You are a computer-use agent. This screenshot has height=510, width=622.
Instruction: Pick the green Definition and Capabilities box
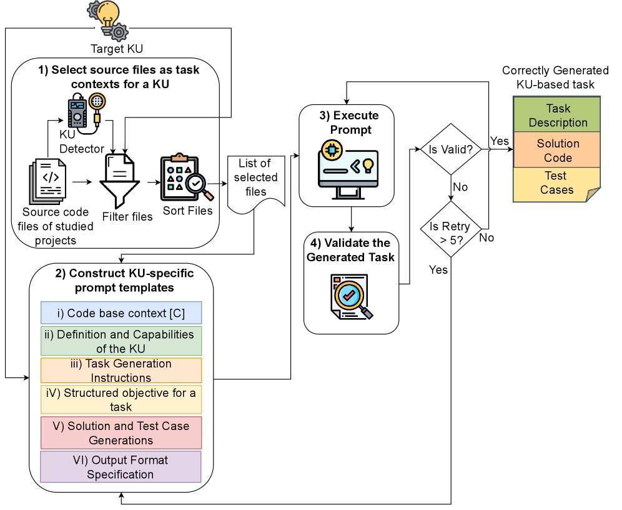(x=121, y=341)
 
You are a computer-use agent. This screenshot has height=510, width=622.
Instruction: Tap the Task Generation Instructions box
(x=121, y=370)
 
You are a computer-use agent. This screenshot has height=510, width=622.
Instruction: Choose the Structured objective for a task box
(x=121, y=399)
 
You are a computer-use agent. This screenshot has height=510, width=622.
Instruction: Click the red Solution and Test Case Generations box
(x=121, y=433)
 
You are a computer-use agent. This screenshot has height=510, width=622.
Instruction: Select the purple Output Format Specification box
(x=121, y=467)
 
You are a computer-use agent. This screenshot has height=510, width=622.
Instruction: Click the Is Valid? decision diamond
(x=451, y=149)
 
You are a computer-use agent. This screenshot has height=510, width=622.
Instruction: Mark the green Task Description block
(x=557, y=115)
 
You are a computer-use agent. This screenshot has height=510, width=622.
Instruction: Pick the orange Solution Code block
(x=557, y=150)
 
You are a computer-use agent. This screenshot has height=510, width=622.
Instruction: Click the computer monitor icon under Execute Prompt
(x=347, y=165)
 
